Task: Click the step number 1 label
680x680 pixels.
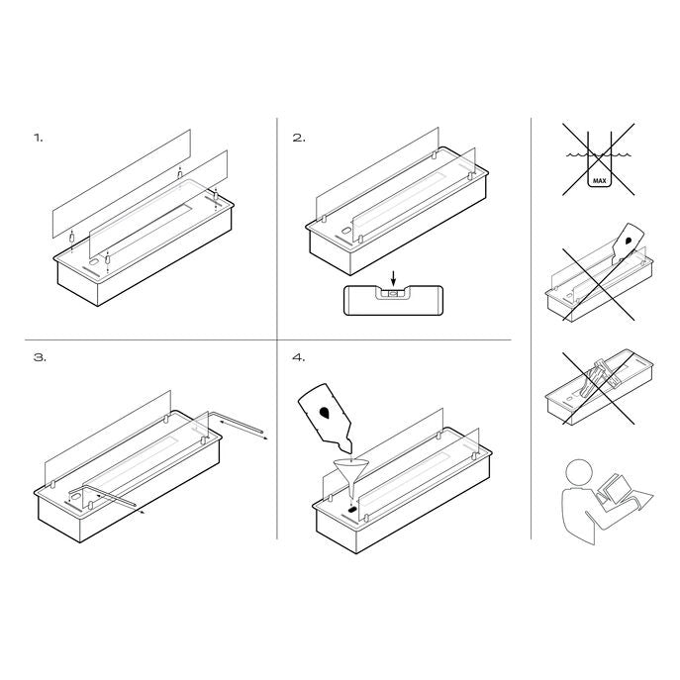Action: click(39, 138)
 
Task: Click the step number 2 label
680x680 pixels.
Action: click(299, 138)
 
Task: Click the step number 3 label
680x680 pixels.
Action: click(40, 357)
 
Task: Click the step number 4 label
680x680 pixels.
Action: click(299, 357)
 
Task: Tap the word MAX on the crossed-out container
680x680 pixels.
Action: click(600, 180)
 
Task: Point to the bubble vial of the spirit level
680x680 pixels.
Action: click(393, 294)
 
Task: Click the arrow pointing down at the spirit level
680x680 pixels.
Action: click(393, 277)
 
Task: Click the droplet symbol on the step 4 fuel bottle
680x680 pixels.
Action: click(324, 413)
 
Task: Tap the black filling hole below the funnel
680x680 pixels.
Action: click(352, 509)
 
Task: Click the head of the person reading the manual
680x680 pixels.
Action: click(579, 473)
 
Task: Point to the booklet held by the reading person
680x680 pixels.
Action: click(613, 490)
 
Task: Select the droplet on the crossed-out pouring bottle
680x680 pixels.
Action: click(628, 240)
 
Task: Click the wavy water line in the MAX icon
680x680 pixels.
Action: click(599, 154)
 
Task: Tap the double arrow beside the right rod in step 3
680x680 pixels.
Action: click(243, 430)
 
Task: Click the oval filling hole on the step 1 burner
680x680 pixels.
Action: click(94, 263)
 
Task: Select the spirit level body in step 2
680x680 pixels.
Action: click(393, 300)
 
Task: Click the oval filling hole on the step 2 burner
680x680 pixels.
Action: click(346, 232)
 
